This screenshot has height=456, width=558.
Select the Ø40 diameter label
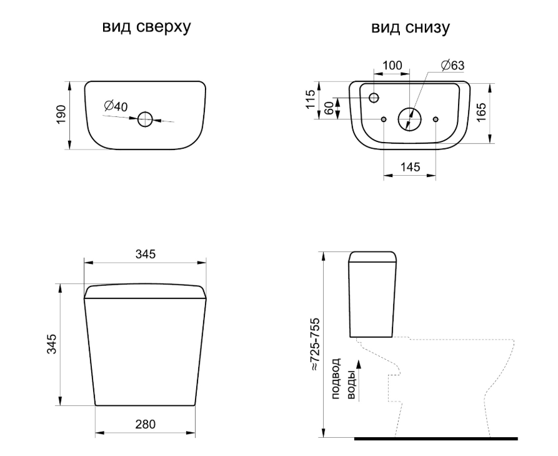click(x=116, y=106)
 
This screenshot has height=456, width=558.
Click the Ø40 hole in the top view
click(x=145, y=118)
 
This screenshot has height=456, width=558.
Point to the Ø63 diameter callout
click(x=452, y=65)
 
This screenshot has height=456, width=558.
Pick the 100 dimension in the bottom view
click(x=392, y=65)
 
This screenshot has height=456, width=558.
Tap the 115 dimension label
click(x=310, y=99)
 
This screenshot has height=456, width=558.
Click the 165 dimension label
click(x=482, y=113)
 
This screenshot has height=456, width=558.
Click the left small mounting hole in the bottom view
click(x=383, y=119)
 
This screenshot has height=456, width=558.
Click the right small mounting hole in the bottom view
click(x=436, y=119)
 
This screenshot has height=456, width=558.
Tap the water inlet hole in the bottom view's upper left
click(x=374, y=98)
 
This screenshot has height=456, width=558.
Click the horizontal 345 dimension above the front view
click(x=145, y=254)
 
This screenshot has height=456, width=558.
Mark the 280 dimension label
click(x=145, y=424)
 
